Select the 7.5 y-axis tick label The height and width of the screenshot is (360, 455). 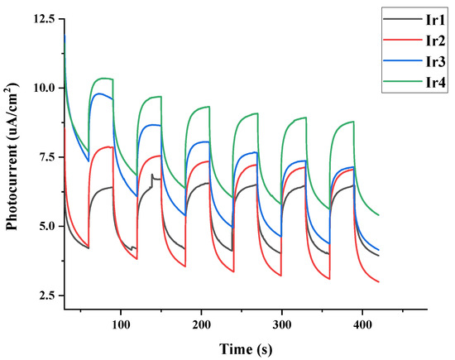47,157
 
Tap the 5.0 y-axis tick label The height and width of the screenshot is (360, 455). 47,226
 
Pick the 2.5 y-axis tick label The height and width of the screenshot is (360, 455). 47,295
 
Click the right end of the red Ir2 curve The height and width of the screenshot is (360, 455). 379,282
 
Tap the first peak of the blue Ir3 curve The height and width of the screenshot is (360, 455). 99,94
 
